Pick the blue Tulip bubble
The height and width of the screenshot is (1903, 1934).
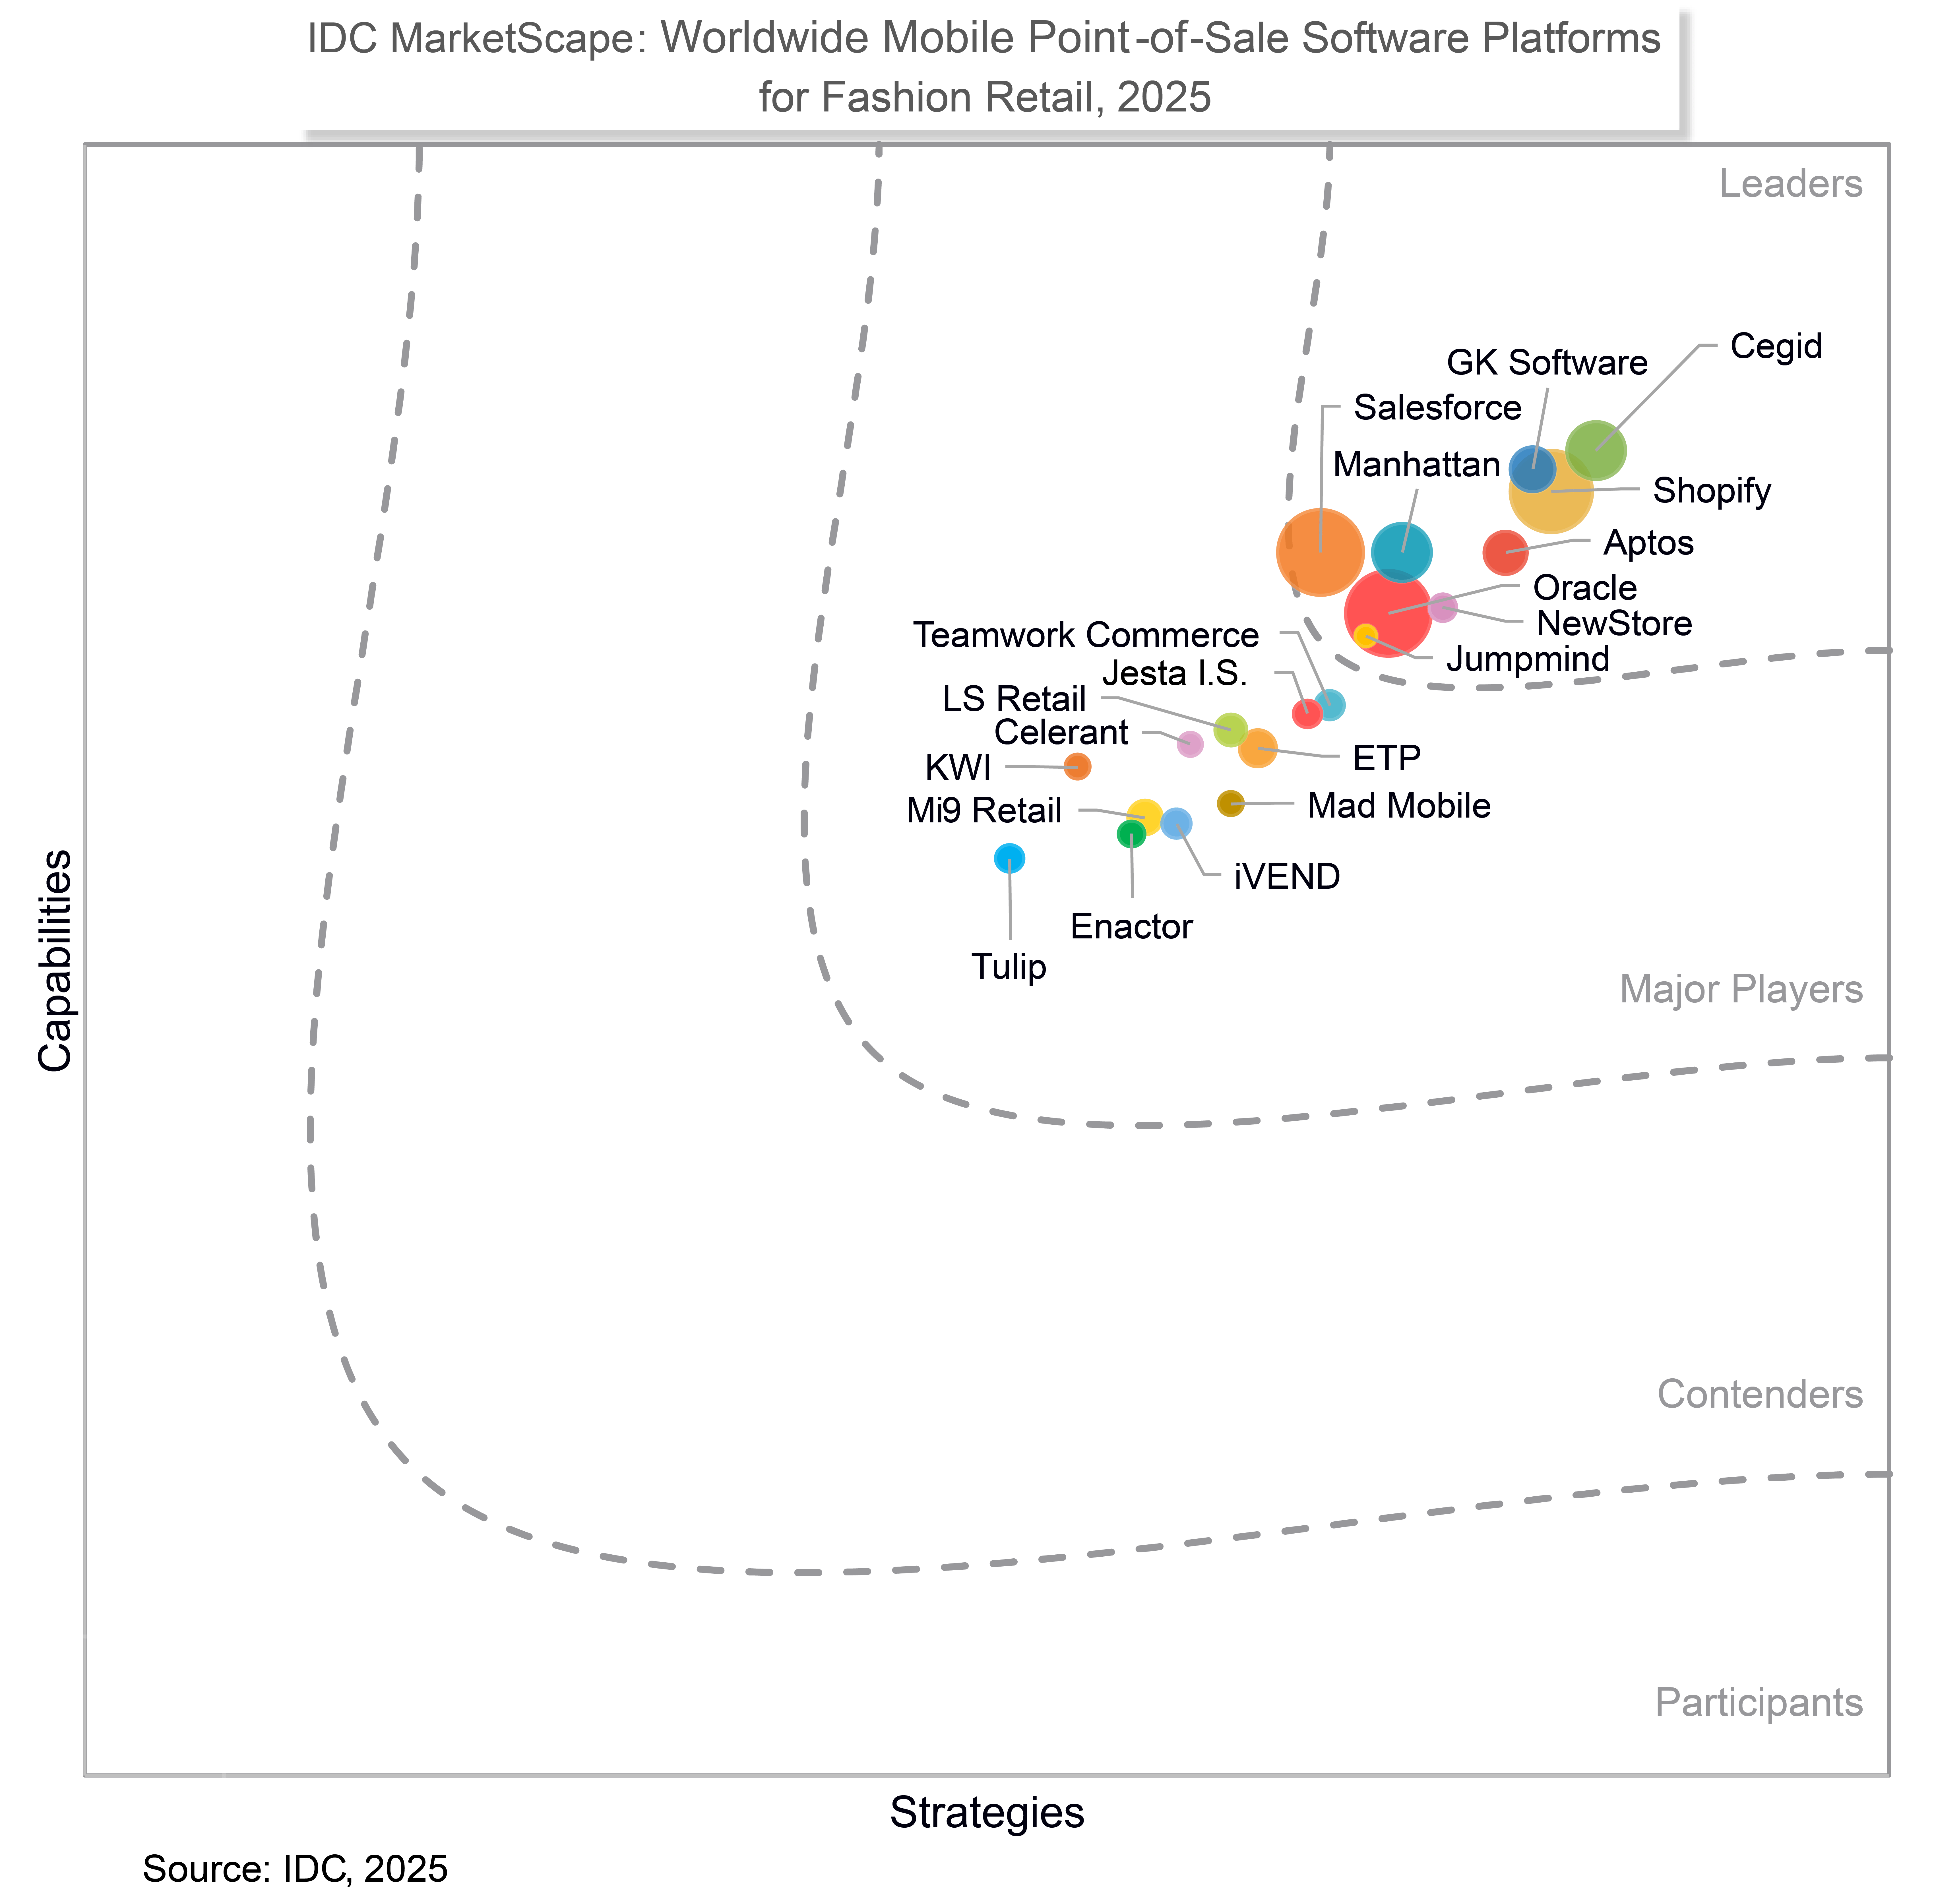(1009, 858)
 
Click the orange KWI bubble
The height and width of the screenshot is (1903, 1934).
(1076, 767)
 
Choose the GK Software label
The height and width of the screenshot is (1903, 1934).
(1546, 363)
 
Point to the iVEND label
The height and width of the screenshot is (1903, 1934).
(1286, 876)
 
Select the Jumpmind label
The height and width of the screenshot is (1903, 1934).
(1527, 660)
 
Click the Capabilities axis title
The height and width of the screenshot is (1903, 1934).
(56, 959)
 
